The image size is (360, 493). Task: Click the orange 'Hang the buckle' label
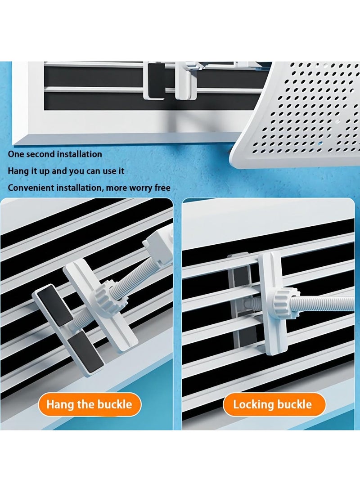coord(89,404)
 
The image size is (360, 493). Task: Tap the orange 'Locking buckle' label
coord(272,404)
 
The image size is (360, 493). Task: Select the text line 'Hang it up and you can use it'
coord(66,171)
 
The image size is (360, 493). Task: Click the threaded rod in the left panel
coord(130,279)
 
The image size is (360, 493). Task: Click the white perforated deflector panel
coord(306,112)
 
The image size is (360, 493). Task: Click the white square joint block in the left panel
coord(158,246)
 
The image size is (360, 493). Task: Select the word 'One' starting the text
coord(16,154)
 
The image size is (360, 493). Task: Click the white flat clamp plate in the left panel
coord(101,306)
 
